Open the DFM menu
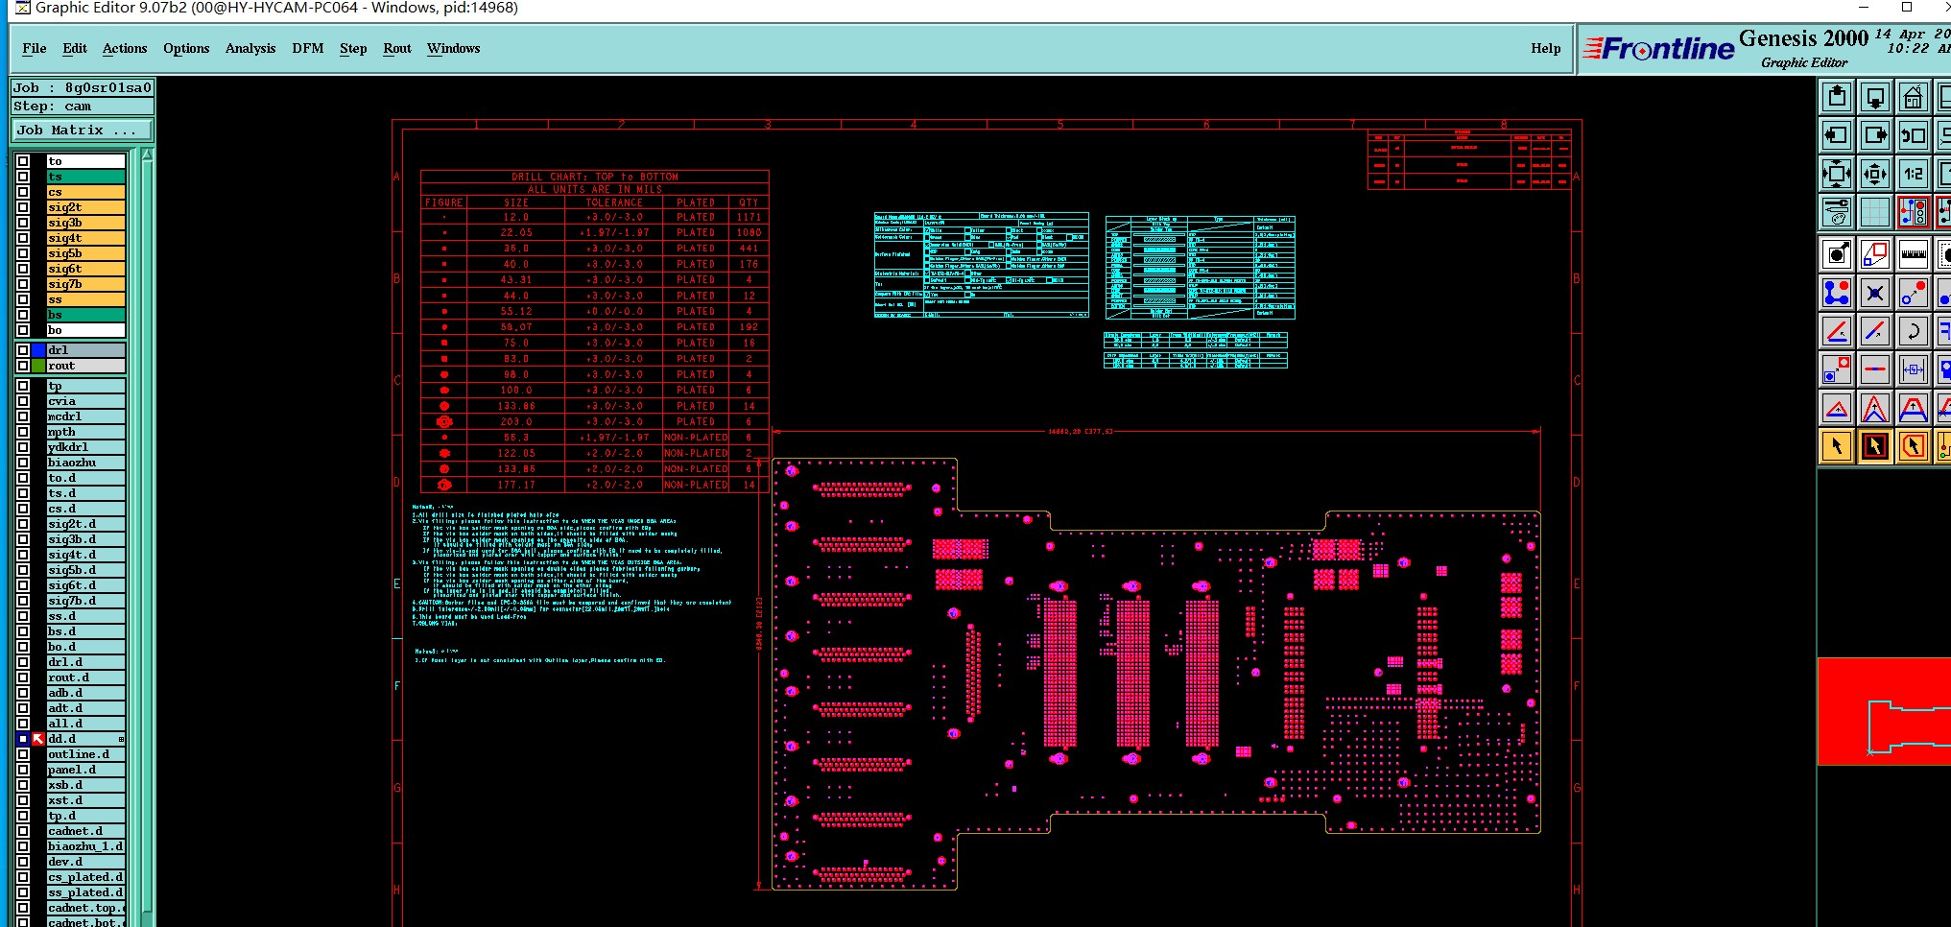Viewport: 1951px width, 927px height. click(x=307, y=48)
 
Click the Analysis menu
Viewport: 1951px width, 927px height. click(x=250, y=48)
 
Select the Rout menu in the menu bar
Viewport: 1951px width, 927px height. click(x=396, y=48)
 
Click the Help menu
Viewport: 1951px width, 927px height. click(x=1545, y=48)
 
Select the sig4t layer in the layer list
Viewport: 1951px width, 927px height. click(x=85, y=238)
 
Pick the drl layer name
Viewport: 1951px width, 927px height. click(x=85, y=350)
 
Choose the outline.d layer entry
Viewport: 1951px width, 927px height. click(x=85, y=754)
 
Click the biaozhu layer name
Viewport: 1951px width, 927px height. click(x=85, y=463)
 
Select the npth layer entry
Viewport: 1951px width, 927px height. click(x=85, y=432)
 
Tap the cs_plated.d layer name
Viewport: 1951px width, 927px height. click(x=85, y=877)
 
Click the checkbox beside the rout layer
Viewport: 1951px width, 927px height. click(x=23, y=366)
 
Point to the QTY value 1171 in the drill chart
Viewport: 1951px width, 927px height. click(x=749, y=218)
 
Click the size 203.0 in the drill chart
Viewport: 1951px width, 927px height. click(x=516, y=422)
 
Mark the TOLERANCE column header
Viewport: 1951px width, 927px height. click(x=614, y=203)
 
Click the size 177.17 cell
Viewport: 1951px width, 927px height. click(x=516, y=486)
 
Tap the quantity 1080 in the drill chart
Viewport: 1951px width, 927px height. click(x=749, y=233)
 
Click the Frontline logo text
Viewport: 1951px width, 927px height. click(x=1667, y=49)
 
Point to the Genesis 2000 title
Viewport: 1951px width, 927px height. click(x=1803, y=38)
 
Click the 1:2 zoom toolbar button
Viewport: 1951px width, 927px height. click(x=1913, y=174)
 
